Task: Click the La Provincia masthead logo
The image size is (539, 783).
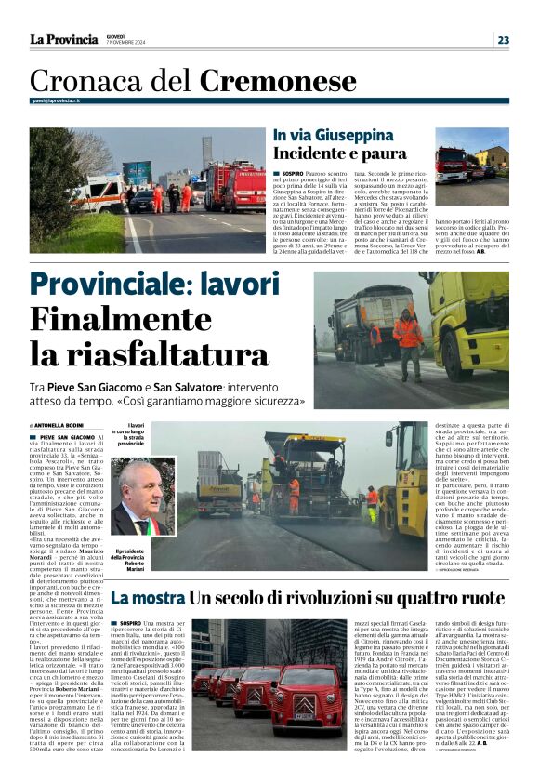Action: coord(63,39)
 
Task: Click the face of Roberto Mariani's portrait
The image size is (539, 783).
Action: coord(139,490)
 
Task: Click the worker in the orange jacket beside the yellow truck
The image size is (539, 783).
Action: coord(407,335)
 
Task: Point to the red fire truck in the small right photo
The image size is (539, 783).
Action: coord(452,165)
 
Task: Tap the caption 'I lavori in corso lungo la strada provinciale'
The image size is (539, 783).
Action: coord(131,434)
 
